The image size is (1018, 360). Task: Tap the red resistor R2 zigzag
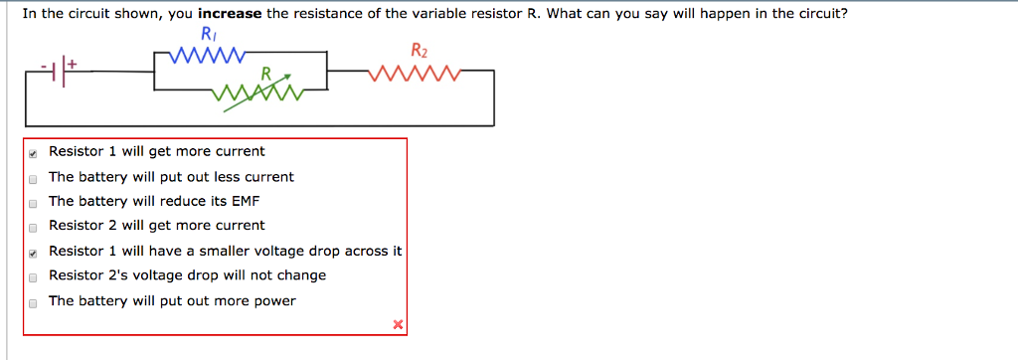412,73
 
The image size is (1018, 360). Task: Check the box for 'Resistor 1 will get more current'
33,153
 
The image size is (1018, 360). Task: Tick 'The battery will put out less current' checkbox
33,178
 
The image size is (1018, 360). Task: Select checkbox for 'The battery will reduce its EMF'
33,202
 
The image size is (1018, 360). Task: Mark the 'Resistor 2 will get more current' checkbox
33,227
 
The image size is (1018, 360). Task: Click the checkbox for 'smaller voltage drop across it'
33,253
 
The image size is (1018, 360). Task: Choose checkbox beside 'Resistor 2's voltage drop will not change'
33,276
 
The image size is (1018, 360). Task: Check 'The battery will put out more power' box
33,302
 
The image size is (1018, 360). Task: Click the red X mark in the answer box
398,324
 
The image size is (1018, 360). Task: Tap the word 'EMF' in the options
245,201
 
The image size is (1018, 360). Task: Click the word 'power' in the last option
275,301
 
